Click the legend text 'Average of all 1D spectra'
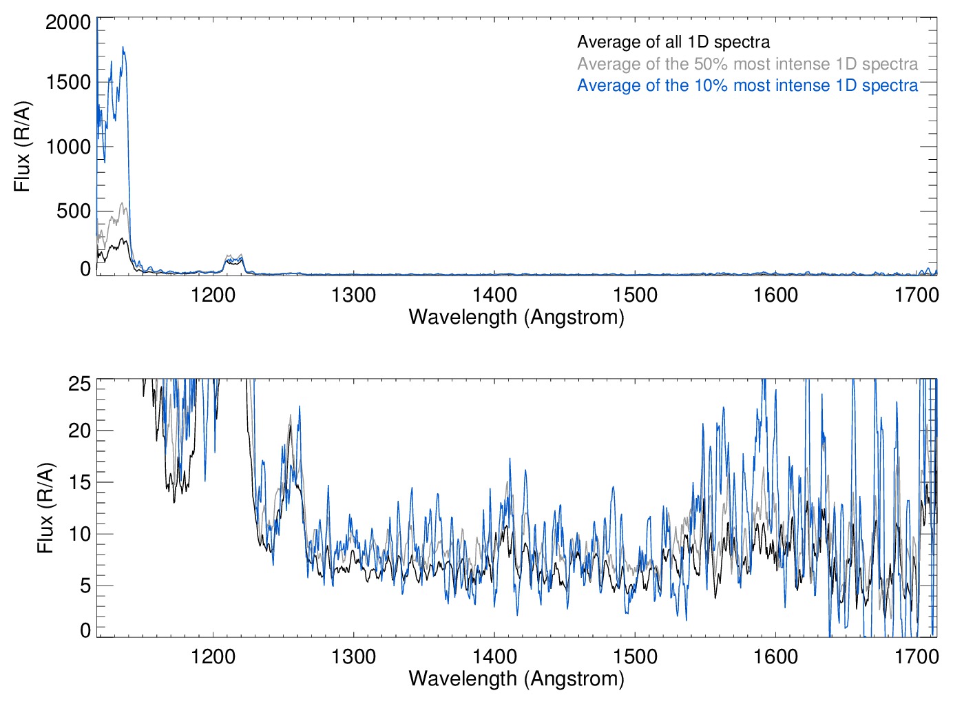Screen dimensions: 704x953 (673, 42)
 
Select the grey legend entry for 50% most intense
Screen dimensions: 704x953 (747, 64)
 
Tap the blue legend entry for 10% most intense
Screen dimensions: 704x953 (747, 85)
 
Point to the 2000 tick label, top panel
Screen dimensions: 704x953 (68, 22)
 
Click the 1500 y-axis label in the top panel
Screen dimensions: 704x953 (68, 82)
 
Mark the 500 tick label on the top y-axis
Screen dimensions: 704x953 (74, 211)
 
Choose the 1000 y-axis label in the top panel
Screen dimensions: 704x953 (68, 147)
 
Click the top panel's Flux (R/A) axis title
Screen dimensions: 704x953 (22, 146)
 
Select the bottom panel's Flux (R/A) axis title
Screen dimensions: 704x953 (45, 508)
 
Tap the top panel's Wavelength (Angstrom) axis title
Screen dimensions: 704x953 (516, 317)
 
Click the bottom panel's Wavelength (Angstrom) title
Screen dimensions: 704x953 (516, 679)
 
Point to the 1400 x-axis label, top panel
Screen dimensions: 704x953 (494, 296)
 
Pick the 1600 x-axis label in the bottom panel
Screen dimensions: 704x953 (775, 656)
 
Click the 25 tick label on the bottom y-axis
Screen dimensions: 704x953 (80, 384)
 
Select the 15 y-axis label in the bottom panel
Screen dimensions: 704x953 (80, 482)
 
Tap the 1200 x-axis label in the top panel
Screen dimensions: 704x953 (213, 296)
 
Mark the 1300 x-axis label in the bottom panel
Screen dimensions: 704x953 (353, 656)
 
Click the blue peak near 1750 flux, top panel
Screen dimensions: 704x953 (123, 48)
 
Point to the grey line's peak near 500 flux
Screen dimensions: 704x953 (123, 204)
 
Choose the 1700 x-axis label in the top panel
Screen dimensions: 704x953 (917, 296)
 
